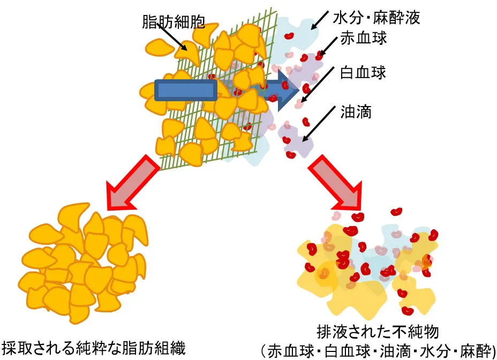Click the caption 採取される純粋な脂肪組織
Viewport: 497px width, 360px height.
[x=94, y=349]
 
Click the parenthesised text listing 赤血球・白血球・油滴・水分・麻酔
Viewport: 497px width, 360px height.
[x=378, y=350]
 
